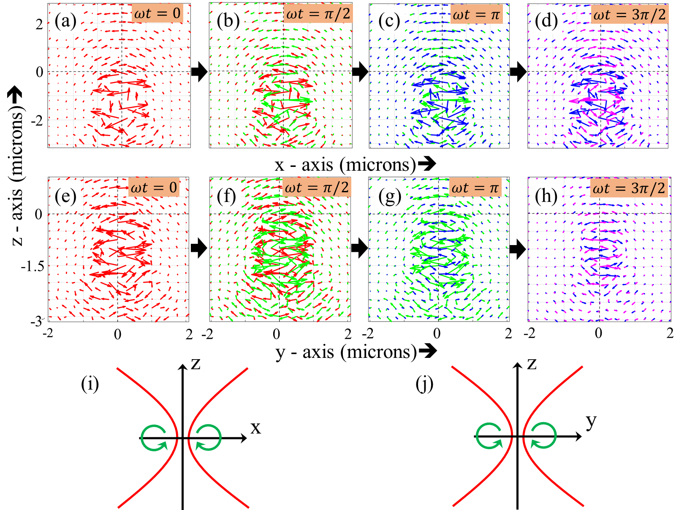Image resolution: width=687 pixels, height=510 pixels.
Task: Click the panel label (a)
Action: [x=65, y=21]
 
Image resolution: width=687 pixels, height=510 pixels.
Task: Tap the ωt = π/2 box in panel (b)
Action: [x=318, y=14]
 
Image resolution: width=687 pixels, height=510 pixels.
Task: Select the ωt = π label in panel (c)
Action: [x=476, y=15]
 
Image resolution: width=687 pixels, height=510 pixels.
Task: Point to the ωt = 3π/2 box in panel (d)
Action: [x=629, y=15]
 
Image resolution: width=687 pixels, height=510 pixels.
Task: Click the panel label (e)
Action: [x=65, y=196]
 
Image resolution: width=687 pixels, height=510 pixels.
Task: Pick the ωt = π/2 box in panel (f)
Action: [x=317, y=187]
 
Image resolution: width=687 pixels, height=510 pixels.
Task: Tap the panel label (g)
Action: [x=389, y=196]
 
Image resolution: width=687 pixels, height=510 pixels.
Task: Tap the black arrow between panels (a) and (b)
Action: [x=199, y=72]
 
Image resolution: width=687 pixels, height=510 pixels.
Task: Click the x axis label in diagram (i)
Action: [x=256, y=428]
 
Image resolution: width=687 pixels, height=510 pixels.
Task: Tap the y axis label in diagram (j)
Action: [x=591, y=422]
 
